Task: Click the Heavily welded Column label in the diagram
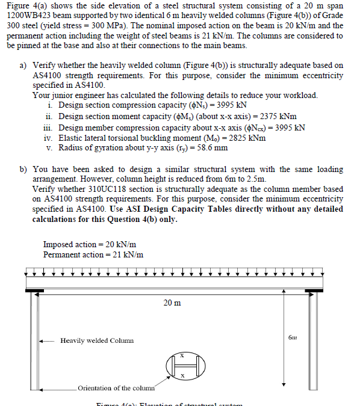tap(97, 340)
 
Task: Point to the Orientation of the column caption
tap(116, 388)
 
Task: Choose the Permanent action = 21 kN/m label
tap(93, 254)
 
